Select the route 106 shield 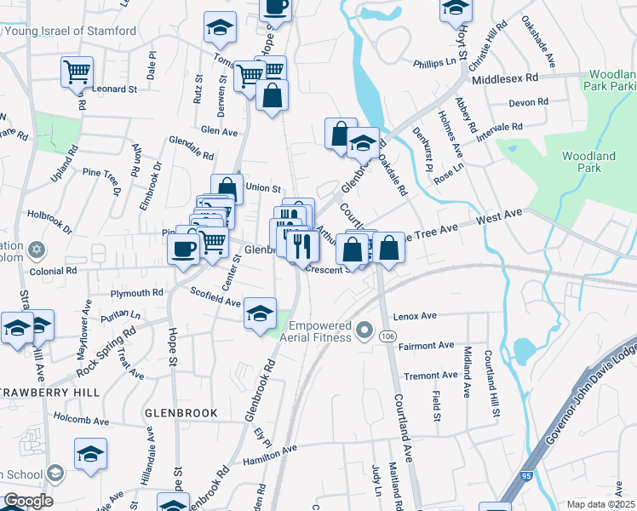tap(387, 337)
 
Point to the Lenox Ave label tap(415, 316)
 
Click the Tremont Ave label tap(431, 376)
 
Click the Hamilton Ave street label tap(269, 454)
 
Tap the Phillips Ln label tap(435, 62)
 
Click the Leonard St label tap(115, 89)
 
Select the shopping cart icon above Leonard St tap(77, 72)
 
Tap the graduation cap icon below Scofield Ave tap(261, 313)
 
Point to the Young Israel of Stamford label tap(71, 32)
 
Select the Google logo tap(27, 501)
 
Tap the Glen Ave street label tap(219, 132)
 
